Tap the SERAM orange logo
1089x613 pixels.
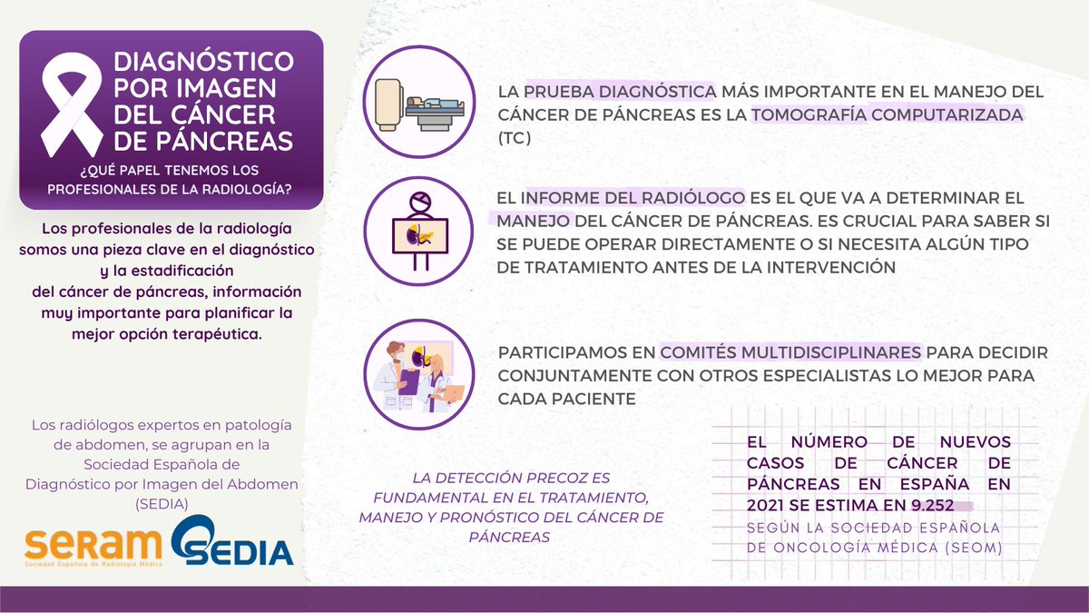[x=93, y=545]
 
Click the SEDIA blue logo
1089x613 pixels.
[x=231, y=543]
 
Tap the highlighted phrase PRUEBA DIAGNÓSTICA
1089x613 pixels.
[x=621, y=93]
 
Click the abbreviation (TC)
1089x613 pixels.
[x=515, y=140]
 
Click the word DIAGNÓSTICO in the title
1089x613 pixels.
[x=203, y=63]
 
